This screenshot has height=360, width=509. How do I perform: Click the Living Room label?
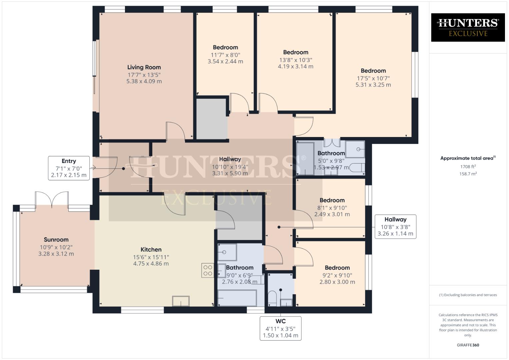tap(144, 67)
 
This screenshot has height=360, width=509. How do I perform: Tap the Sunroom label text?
tap(56, 240)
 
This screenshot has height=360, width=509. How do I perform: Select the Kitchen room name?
tap(151, 250)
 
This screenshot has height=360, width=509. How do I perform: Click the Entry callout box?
tap(69, 168)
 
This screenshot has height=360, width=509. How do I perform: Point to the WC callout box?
tap(280, 328)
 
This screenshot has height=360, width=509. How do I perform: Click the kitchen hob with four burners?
tap(208, 270)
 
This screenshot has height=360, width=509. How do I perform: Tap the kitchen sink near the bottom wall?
tap(181, 301)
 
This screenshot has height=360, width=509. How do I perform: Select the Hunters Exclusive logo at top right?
tap(468, 27)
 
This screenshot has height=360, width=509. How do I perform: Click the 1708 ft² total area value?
tap(468, 167)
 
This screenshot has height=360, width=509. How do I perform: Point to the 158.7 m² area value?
tap(468, 174)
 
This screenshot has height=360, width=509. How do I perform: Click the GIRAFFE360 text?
tap(468, 345)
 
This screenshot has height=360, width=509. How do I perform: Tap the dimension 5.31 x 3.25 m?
tap(373, 85)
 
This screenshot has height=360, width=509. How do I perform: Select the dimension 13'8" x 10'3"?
tap(295, 60)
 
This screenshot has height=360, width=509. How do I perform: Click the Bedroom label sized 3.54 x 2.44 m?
tap(225, 47)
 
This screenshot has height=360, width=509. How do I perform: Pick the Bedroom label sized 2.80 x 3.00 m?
tap(337, 268)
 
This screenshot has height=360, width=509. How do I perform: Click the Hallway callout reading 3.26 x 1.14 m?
tap(395, 227)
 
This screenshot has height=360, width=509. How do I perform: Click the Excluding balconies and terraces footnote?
tap(468, 295)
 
